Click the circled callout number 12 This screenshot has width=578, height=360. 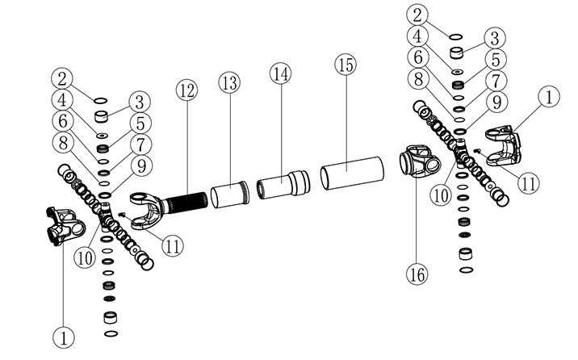click(x=186, y=90)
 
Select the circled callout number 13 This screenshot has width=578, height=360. click(x=230, y=83)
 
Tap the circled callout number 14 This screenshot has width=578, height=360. click(x=280, y=73)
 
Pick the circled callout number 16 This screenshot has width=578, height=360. click(x=416, y=274)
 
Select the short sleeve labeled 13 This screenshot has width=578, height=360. click(x=228, y=196)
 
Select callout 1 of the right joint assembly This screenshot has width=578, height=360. click(x=549, y=98)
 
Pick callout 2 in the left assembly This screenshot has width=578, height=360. click(x=65, y=78)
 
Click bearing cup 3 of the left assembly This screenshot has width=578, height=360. click(x=103, y=117)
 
